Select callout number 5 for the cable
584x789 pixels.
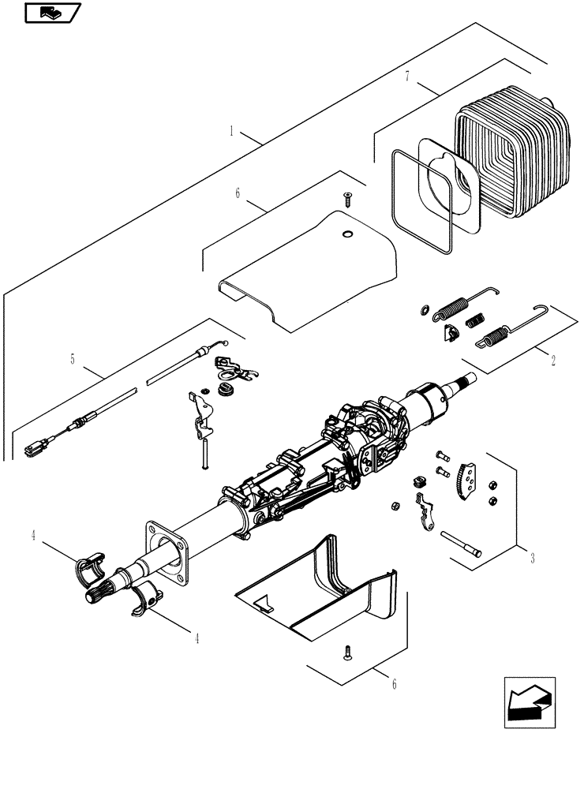pyautogui.click(x=73, y=359)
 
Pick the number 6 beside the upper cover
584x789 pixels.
pyautogui.click(x=238, y=193)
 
